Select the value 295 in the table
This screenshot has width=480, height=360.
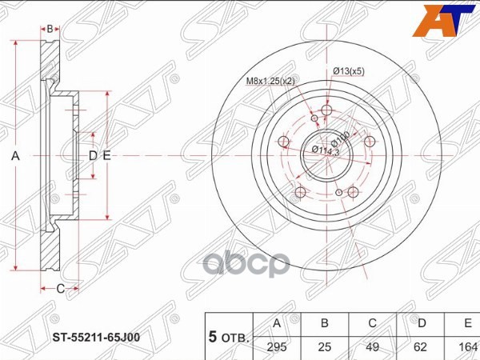tap(277, 347)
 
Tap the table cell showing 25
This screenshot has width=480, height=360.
tap(324, 347)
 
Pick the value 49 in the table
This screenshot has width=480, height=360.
tap(371, 347)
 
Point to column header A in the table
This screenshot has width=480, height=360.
tap(277, 324)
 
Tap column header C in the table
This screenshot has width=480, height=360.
tap(371, 324)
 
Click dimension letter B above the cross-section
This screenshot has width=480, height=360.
tap(50, 29)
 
